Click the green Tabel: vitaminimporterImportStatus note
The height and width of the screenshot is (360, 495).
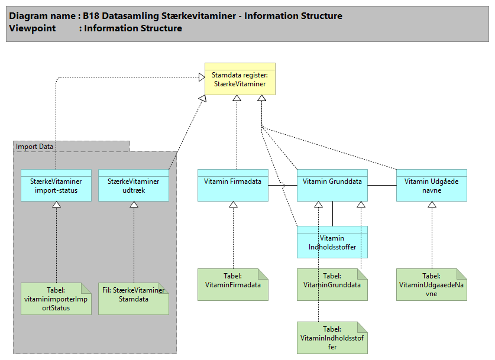point(56,299)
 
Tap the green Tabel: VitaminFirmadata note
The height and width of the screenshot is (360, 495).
point(233,284)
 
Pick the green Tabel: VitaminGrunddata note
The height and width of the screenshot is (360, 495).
point(332,284)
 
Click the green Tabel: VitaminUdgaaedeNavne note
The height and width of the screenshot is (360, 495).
point(432,284)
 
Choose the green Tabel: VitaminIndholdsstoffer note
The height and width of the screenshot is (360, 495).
point(332,338)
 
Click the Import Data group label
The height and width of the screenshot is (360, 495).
point(34,147)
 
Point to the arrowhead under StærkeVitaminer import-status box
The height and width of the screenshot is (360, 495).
point(56,205)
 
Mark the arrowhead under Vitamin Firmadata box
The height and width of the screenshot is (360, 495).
point(233,205)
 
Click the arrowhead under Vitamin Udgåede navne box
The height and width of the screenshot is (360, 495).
point(432,205)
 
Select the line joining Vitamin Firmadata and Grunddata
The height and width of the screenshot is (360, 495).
point(282,186)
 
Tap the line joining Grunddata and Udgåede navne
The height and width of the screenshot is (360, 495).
point(381,186)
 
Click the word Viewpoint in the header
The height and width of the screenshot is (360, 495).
point(33,28)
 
